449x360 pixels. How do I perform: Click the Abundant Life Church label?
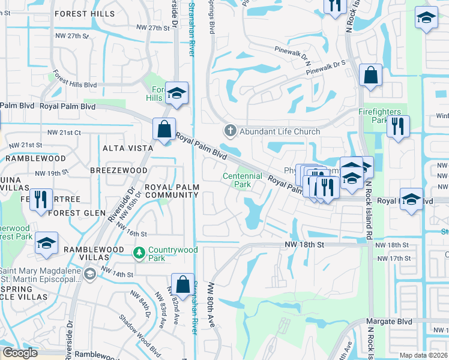click(280, 131)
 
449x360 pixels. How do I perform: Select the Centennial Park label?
click(243, 180)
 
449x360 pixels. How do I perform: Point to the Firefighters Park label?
click(382, 116)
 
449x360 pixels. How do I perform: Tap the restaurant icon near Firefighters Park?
click(397, 127)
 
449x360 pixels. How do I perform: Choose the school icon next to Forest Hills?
click(177, 93)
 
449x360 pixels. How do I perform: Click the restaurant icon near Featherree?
click(41, 199)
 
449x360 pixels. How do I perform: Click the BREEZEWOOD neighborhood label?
click(119, 170)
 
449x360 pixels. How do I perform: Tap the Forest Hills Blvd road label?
click(74, 80)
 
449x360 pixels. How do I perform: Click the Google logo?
click(20, 353)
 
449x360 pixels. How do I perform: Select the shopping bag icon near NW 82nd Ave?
click(182, 284)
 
